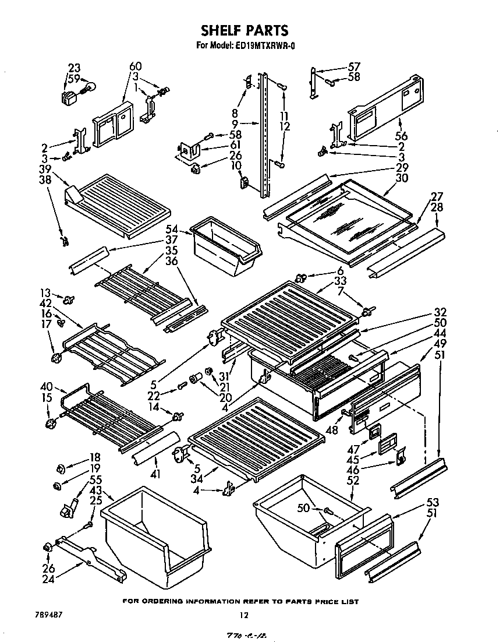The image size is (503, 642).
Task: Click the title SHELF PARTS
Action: [x=244, y=30]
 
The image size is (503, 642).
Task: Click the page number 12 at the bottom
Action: [x=244, y=615]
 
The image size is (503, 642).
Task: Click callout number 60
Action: [x=135, y=66]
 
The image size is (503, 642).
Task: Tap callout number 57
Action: [x=354, y=66]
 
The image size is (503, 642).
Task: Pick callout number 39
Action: [x=45, y=168]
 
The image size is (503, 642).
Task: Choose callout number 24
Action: [x=48, y=579]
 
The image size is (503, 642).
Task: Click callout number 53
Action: [x=432, y=502]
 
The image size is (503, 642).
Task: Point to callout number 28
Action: [x=437, y=207]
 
